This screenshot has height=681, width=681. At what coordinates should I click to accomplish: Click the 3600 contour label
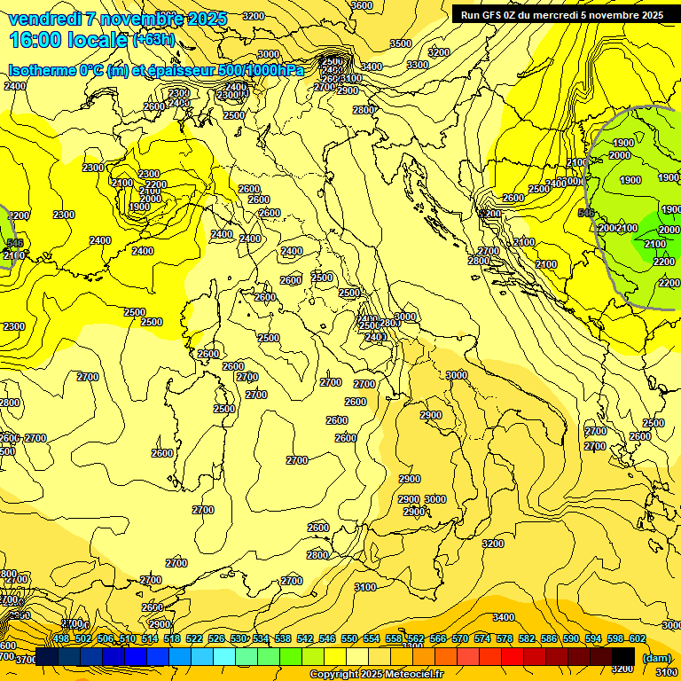tap(362, 5)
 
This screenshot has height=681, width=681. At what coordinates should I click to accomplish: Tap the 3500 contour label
tap(401, 43)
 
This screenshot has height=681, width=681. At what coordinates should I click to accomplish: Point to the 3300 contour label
tap(418, 65)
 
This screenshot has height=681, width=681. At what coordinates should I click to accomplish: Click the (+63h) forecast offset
tap(154, 40)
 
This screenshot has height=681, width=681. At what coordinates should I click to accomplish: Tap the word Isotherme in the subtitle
tap(42, 71)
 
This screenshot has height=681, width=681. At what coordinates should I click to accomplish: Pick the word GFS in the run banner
tap(496, 15)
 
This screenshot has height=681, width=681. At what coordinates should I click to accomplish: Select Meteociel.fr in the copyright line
tap(408, 675)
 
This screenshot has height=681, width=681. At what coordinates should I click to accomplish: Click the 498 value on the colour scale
tap(61, 639)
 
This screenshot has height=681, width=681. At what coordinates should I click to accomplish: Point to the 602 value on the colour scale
tap(638, 639)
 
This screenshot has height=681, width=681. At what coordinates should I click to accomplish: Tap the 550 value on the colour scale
tap(349, 639)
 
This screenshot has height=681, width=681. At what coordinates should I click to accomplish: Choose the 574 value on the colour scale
tap(482, 639)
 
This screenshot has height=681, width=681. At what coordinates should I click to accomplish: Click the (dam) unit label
tap(657, 658)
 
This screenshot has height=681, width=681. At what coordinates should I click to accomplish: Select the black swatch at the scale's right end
tap(623, 657)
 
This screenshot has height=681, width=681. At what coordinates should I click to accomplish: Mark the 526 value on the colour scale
tap(216, 639)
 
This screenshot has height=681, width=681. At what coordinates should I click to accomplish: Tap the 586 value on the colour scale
tap(549, 639)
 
